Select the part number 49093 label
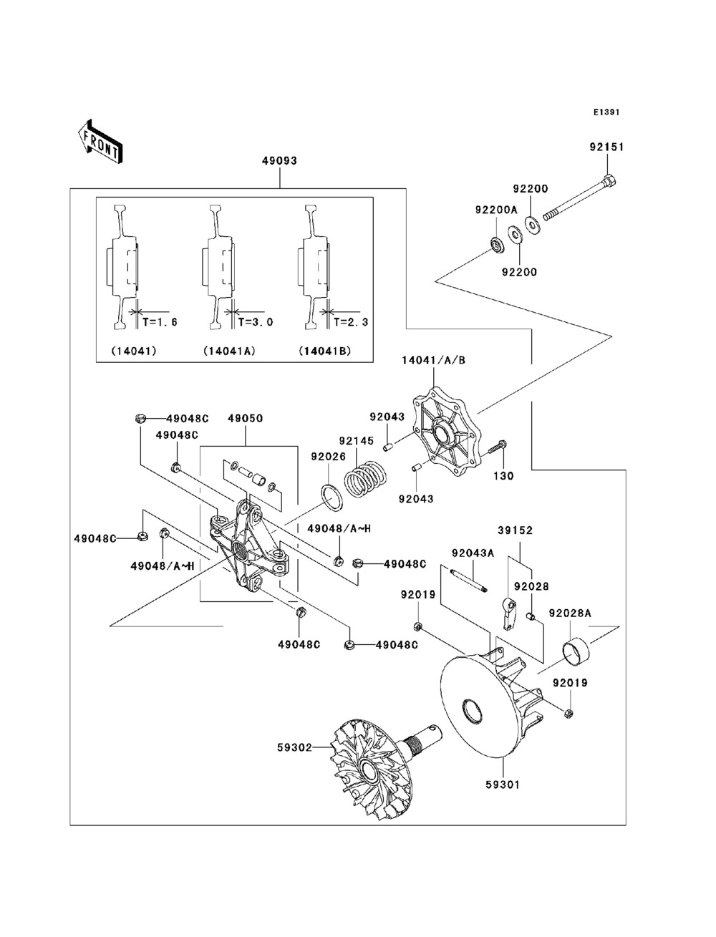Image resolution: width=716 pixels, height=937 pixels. (279, 161)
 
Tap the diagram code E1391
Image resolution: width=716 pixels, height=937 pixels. (606, 112)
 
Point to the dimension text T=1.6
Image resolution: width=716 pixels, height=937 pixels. (159, 322)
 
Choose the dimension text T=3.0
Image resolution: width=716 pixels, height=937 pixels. (255, 322)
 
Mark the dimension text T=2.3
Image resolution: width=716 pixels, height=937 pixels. (350, 322)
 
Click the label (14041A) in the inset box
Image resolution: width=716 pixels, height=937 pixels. (229, 351)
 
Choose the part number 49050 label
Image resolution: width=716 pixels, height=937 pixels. (246, 417)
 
